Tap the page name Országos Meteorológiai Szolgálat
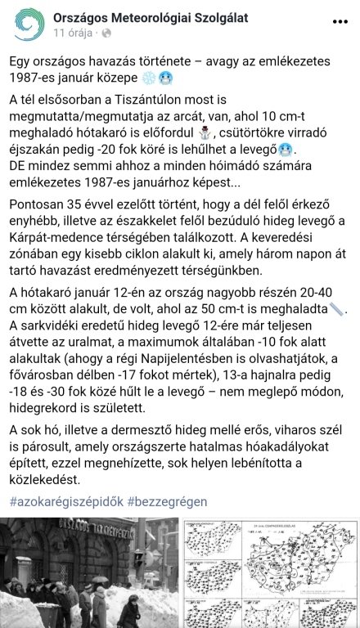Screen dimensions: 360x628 [x=151, y=17]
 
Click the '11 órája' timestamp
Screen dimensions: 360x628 [x=74, y=34]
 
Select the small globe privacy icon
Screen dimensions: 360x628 [x=108, y=34]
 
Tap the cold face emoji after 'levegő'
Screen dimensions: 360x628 [x=285, y=150]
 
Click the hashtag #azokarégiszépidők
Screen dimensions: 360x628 [x=65, y=500]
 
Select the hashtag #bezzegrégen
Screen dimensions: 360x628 [x=167, y=500]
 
